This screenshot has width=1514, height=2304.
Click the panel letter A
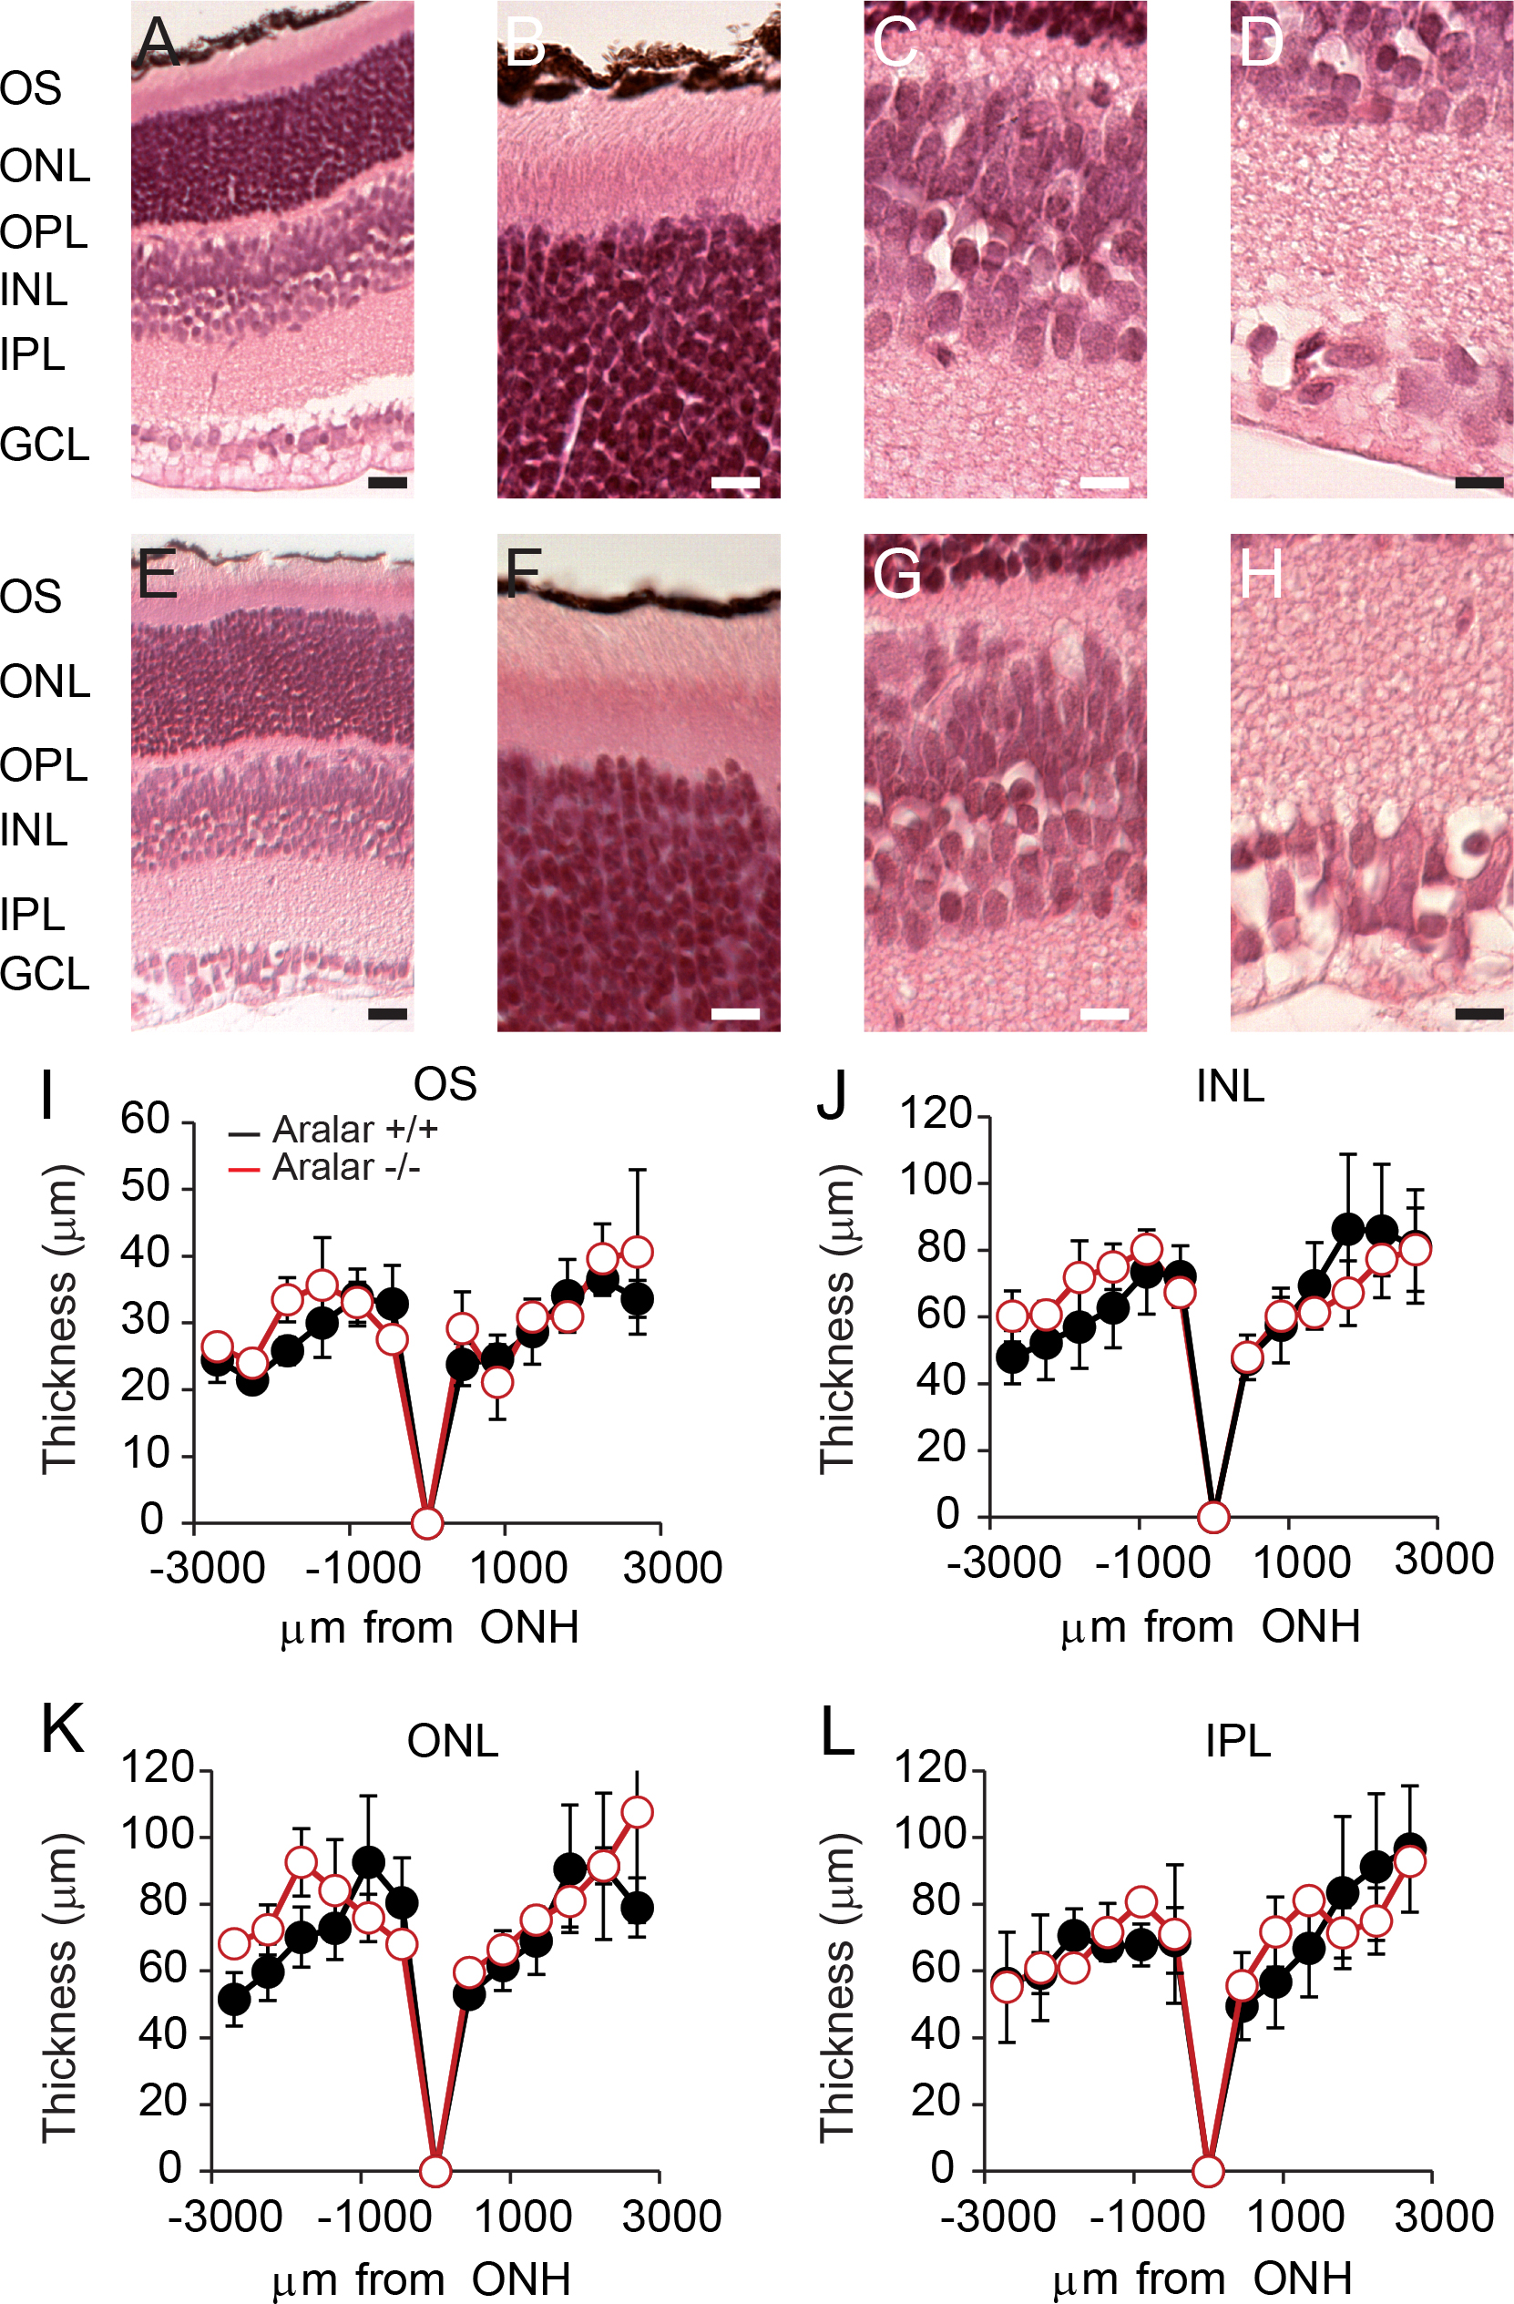(x=158, y=43)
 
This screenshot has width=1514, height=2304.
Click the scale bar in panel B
(x=736, y=482)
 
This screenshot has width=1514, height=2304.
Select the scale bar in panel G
(x=1104, y=1014)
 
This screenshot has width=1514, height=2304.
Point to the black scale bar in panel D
(x=1478, y=482)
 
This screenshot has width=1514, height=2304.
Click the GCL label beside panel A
(x=45, y=445)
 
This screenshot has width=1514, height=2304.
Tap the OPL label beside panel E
(x=45, y=766)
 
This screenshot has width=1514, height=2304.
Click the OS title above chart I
(x=445, y=1084)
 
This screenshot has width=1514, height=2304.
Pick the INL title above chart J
(x=1231, y=1086)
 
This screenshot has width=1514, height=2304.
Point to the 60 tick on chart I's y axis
(x=145, y=1119)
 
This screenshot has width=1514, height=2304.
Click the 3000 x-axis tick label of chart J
(x=1443, y=1560)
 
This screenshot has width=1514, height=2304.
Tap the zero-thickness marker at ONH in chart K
(x=435, y=2171)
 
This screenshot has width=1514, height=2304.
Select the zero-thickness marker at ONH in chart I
(x=427, y=1522)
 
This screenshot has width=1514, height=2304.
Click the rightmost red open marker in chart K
(x=637, y=1812)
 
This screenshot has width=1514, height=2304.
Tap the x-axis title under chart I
(x=430, y=1628)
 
